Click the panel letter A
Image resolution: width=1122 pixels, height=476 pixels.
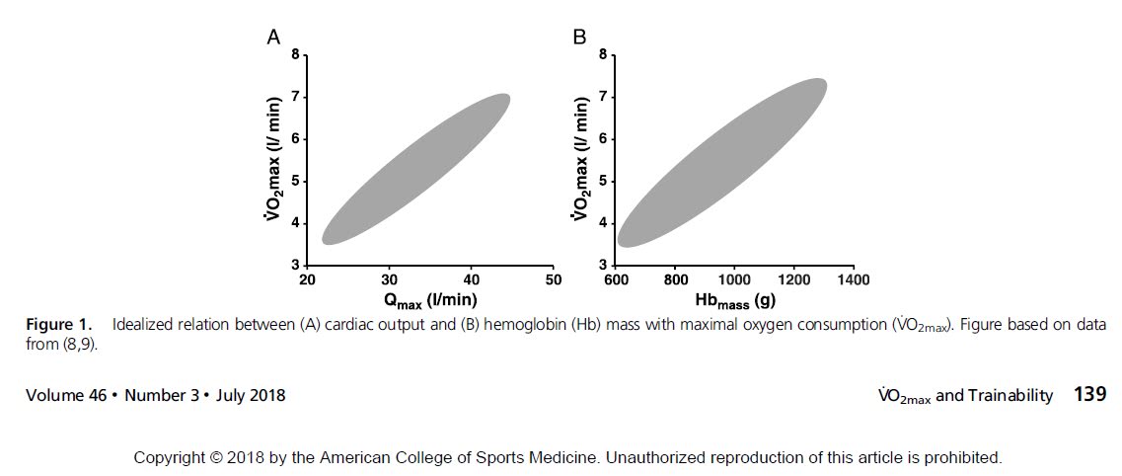point(274,38)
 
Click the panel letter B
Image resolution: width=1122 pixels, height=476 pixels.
point(579,38)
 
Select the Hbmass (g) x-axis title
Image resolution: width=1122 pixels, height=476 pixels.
point(736,299)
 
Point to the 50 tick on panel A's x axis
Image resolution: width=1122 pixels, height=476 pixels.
point(554,279)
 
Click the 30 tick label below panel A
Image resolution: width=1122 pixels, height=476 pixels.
point(390,279)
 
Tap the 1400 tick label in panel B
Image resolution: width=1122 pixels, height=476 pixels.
point(854,279)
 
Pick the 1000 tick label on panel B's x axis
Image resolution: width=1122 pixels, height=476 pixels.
point(735,279)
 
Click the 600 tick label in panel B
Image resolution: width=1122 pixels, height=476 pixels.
point(617,279)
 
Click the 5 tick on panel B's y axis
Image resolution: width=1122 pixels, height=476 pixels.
point(602,181)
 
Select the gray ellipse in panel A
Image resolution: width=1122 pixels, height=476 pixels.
point(414,170)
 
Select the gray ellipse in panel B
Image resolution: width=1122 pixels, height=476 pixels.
point(720,164)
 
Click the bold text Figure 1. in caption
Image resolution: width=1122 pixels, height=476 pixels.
point(59,325)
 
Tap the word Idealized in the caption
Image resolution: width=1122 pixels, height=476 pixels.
point(145,325)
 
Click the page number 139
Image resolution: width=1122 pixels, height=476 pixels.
point(1089,395)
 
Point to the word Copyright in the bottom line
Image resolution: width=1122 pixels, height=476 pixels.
point(169,457)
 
